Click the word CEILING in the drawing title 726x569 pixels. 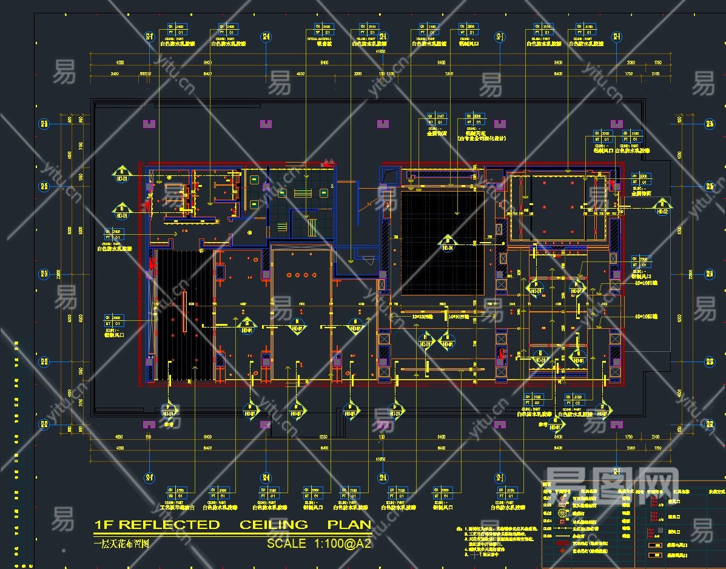[274, 524]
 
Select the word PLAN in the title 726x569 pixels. [349, 524]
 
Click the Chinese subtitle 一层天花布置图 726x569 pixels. [121, 544]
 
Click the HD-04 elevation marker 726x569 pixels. [448, 244]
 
